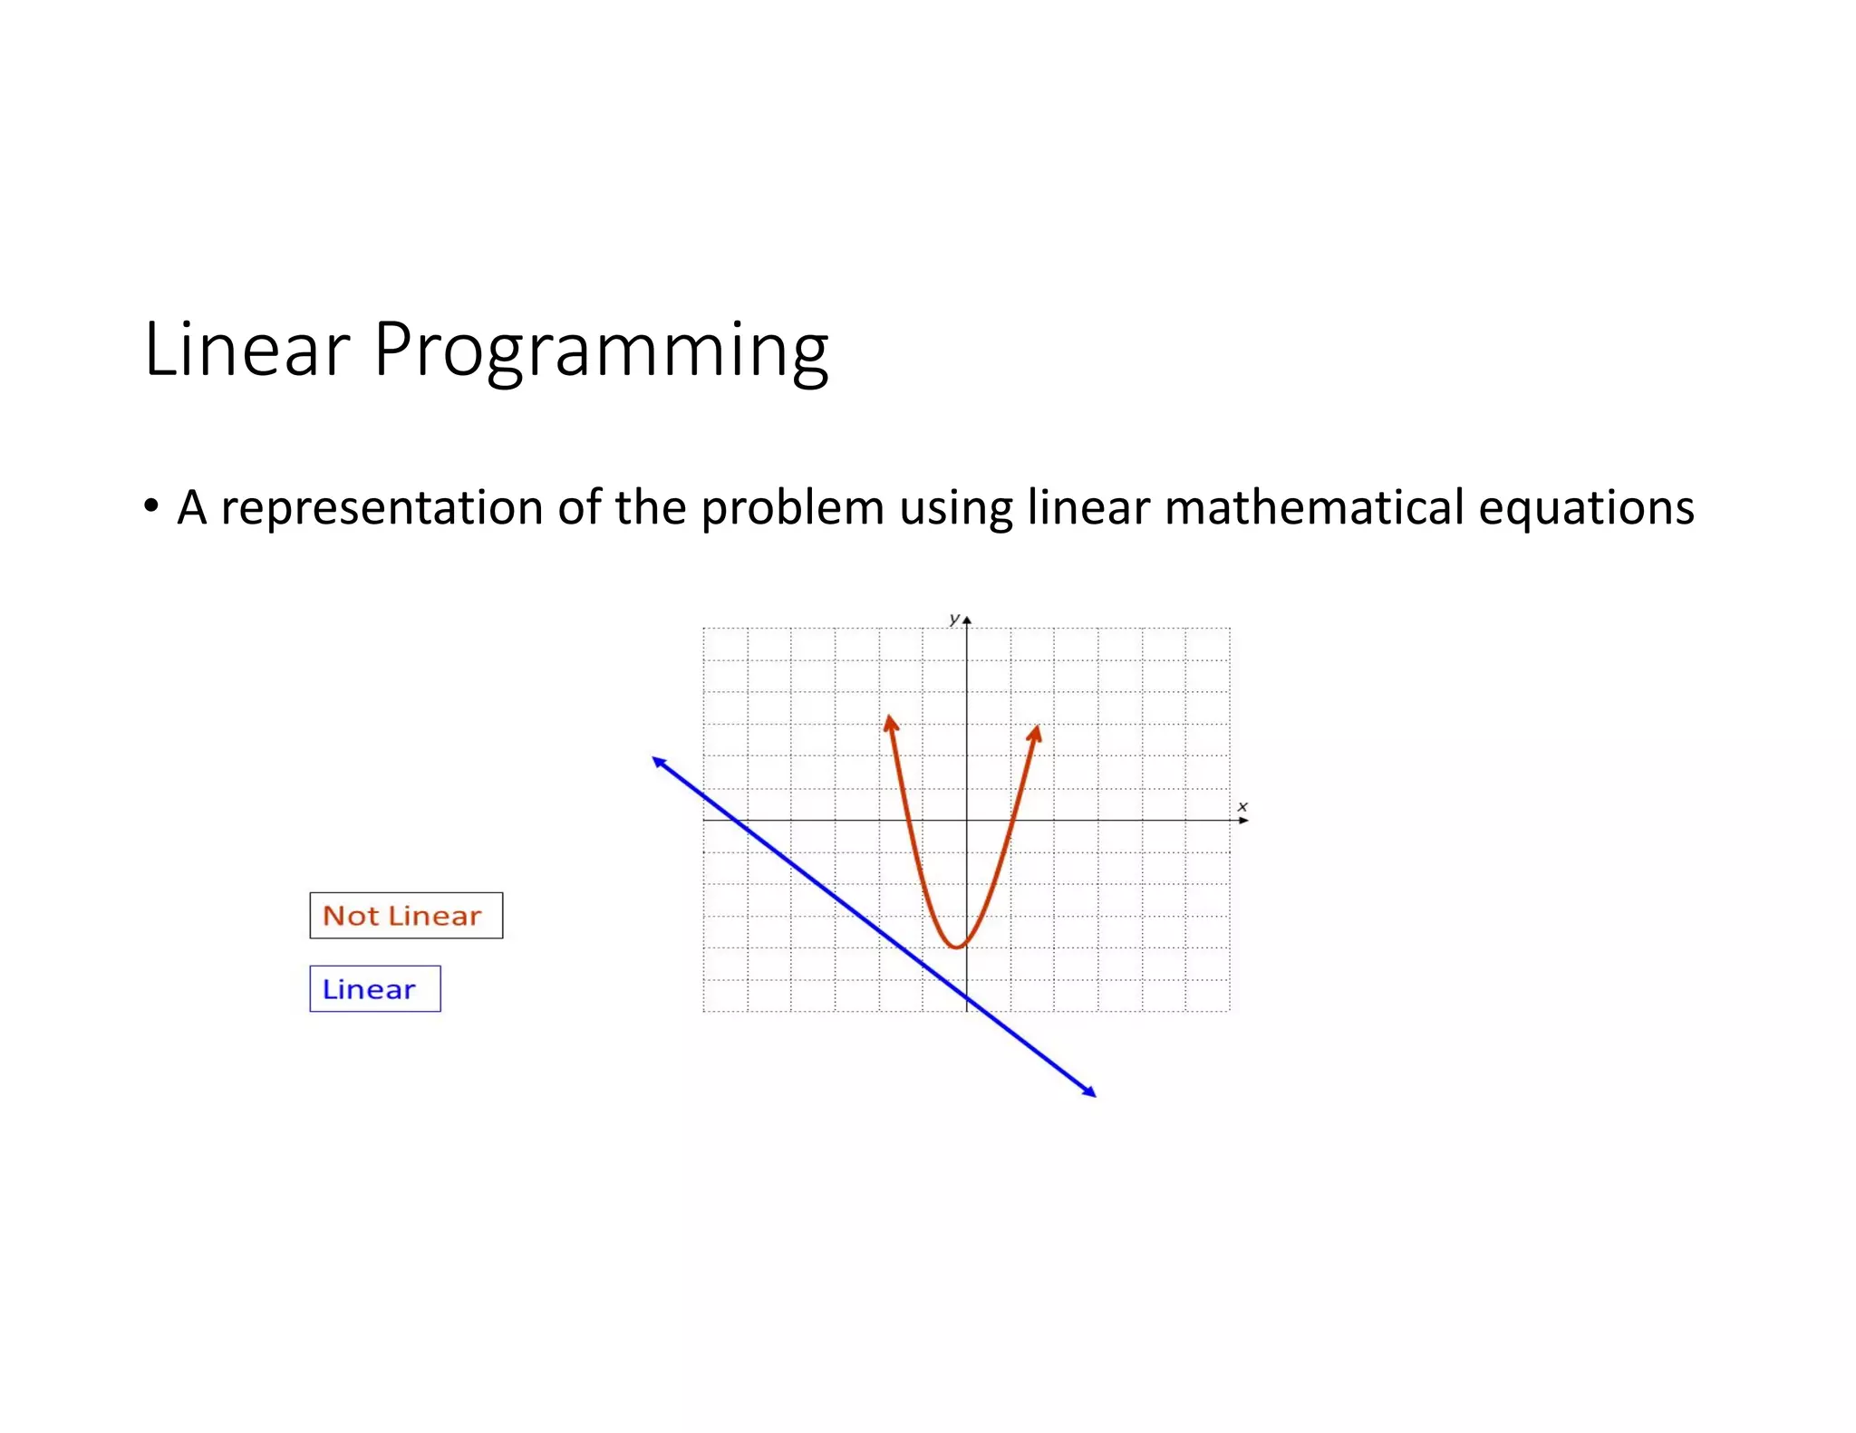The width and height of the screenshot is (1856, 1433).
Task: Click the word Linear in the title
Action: click(246, 350)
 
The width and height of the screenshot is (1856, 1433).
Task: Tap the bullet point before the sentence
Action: click(151, 505)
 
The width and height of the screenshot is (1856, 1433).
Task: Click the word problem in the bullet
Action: click(792, 507)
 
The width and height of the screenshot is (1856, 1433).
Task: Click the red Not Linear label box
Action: click(405, 916)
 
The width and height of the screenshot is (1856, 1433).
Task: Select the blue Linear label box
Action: click(374, 989)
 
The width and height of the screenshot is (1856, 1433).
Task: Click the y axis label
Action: click(953, 619)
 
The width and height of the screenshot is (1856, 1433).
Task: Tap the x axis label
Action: click(1242, 806)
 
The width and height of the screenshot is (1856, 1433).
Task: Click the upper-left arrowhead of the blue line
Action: click(659, 762)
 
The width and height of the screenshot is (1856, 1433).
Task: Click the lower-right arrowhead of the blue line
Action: click(1090, 1092)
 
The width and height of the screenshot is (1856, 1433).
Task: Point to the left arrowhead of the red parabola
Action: click(891, 722)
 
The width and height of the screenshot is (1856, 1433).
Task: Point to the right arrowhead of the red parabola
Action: click(1036, 733)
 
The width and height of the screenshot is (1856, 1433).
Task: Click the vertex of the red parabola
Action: click(956, 947)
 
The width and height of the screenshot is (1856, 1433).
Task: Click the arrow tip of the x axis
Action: click(1245, 821)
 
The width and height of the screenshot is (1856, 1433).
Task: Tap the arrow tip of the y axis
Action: click(967, 620)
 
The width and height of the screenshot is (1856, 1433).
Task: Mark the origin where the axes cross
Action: click(967, 821)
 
